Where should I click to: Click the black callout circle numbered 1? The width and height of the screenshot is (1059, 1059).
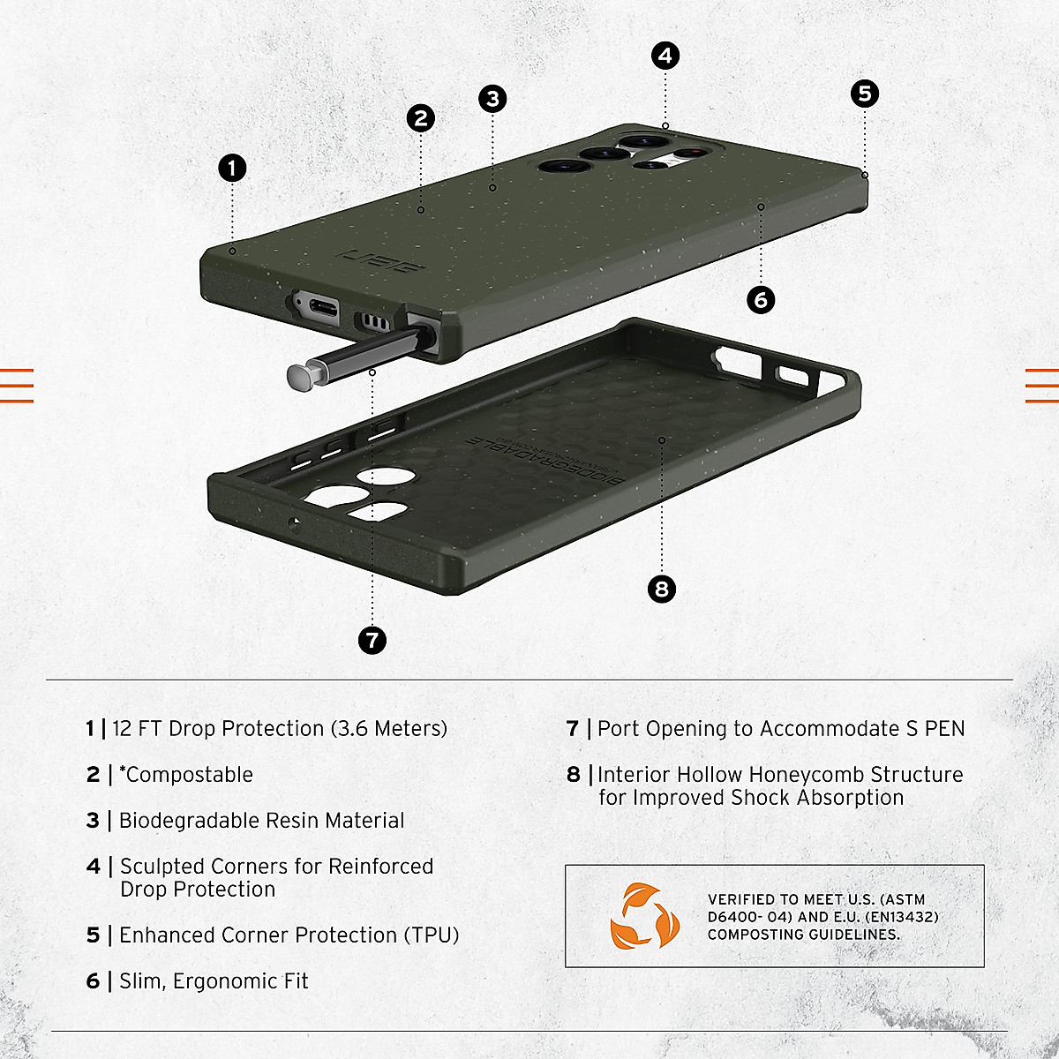pos(232,168)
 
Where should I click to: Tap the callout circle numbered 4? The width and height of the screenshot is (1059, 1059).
pos(665,56)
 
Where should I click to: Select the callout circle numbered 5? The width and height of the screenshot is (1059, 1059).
pos(864,94)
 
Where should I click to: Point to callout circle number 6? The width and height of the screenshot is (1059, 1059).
pos(761,300)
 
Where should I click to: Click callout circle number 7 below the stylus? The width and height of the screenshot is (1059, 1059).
pos(372,640)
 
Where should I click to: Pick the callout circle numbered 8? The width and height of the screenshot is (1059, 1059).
pos(661,589)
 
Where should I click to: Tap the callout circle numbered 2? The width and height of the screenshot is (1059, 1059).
pos(421,118)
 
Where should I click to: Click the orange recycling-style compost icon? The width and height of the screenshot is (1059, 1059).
pos(643,917)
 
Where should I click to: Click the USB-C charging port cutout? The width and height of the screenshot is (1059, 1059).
pos(317,308)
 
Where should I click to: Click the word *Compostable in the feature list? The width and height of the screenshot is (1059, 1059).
pos(186,775)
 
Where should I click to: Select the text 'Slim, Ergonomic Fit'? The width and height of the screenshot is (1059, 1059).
pos(214,981)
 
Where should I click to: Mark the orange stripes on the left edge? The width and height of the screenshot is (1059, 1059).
pos(17,385)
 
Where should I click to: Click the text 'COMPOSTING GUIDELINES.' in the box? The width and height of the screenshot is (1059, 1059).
pos(803,935)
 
